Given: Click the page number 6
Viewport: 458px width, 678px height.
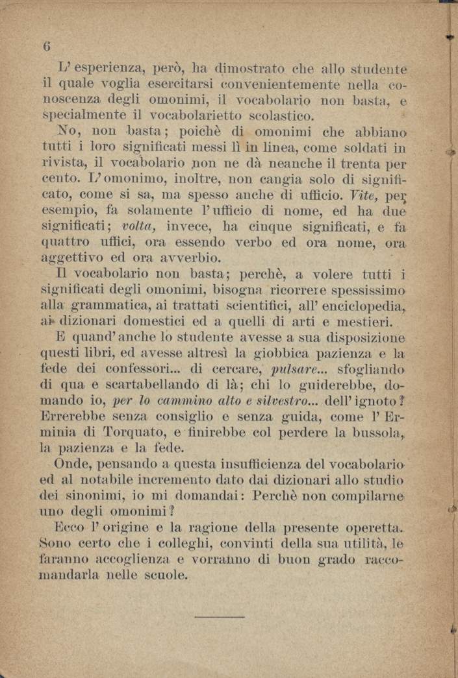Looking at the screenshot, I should tap(46, 46).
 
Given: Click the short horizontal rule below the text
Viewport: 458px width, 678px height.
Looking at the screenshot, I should tap(219, 616).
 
